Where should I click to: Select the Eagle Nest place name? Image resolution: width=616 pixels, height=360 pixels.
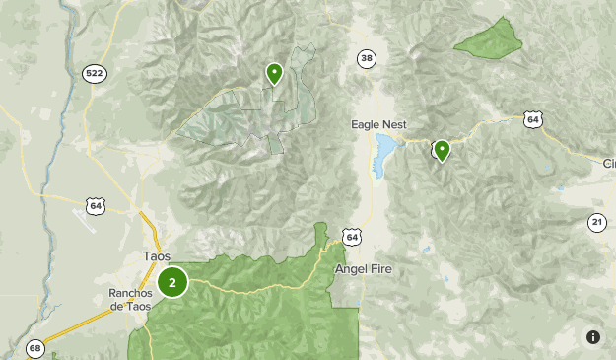pos(378,124)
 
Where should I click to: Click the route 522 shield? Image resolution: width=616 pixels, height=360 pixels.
pos(95,73)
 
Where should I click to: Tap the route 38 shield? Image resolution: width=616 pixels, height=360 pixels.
pos(367,59)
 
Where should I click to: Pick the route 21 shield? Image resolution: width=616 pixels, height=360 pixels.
pos(597,222)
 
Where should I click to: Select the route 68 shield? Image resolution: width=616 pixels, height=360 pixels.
pos(35,348)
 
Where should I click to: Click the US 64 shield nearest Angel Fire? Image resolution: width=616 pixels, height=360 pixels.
pos(353,236)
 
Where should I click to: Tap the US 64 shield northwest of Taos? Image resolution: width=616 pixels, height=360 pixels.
pos(95,205)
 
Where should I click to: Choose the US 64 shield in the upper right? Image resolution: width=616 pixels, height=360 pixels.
pos(532,119)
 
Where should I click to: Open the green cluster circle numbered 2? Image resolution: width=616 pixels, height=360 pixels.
pos(172,283)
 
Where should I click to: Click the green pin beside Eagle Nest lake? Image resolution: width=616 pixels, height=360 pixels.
pos(443,150)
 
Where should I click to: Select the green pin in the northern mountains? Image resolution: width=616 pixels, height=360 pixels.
pos(274,72)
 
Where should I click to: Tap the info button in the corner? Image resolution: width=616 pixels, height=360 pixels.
pos(592,337)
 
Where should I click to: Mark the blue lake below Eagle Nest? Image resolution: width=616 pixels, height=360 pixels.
pos(382,155)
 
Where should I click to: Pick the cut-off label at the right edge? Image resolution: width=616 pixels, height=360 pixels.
pos(608,163)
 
